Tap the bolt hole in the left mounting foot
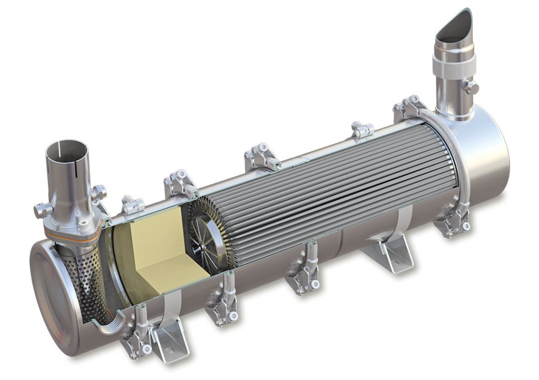[169, 351]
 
